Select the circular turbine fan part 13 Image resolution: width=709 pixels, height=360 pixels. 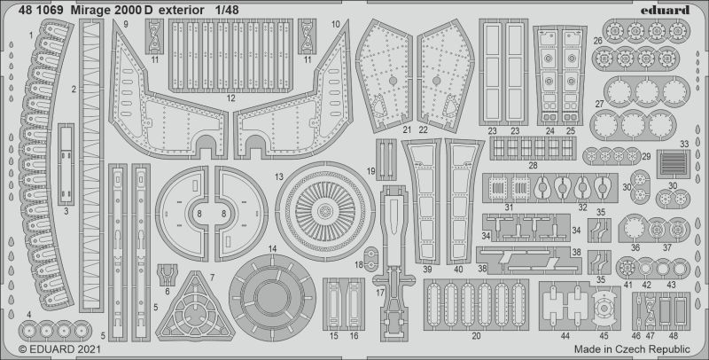point(325,211)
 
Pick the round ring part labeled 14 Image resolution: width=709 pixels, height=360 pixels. point(273,298)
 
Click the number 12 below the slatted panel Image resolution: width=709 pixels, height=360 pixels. point(231,98)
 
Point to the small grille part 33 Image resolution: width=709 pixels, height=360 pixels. point(673,164)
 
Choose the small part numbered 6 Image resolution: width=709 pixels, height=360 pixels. point(167,275)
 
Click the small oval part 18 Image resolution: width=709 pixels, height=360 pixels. point(370,259)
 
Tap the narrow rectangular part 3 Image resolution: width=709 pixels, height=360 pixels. point(66,164)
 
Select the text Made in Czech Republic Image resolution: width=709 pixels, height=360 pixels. point(632,349)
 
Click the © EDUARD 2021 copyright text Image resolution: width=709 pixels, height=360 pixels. point(59,349)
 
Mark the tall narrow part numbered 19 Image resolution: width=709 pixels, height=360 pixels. point(386,160)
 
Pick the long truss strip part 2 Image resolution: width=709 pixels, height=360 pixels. point(91,166)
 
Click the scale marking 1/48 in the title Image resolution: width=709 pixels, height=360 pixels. point(227,10)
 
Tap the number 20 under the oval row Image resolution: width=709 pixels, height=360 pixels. point(476,336)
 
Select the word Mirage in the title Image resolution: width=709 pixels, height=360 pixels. point(93,10)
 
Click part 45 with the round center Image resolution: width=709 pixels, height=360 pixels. point(603,308)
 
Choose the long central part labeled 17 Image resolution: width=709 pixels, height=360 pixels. point(393,262)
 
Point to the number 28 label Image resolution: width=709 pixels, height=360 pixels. point(534,166)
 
